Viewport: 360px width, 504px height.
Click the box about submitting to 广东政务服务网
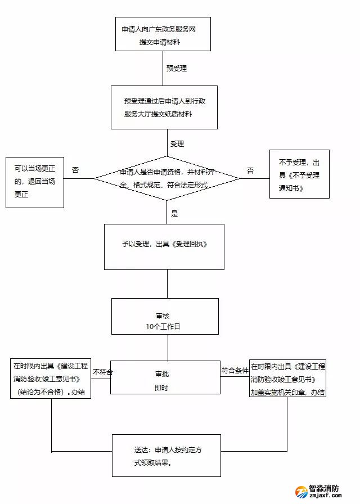[163, 34]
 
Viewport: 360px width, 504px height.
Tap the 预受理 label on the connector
[177, 69]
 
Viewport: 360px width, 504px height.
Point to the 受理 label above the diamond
[177, 144]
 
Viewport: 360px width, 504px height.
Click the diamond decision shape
[167, 178]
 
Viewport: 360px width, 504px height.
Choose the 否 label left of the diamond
[75, 170]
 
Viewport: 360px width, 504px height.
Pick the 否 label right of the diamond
[250, 170]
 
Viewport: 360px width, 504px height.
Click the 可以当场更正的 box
[35, 182]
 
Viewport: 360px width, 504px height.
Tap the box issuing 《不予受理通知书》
[299, 174]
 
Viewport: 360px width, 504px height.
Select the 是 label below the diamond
[174, 213]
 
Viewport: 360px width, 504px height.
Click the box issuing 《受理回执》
[164, 246]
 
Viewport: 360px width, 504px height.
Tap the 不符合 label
[103, 372]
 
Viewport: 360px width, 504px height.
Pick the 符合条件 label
[235, 371]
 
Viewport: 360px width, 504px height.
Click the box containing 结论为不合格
[51, 379]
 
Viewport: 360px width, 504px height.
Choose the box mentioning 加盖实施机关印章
[287, 379]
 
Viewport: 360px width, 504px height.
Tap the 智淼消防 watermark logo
[322, 491]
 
